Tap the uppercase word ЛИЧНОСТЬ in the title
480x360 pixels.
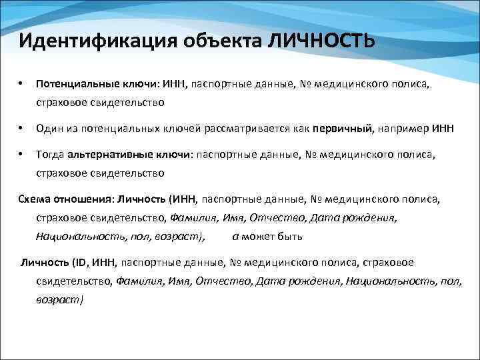point(321,41)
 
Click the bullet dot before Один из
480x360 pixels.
point(22,128)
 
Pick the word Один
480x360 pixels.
point(49,128)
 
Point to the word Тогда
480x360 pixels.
point(50,155)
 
